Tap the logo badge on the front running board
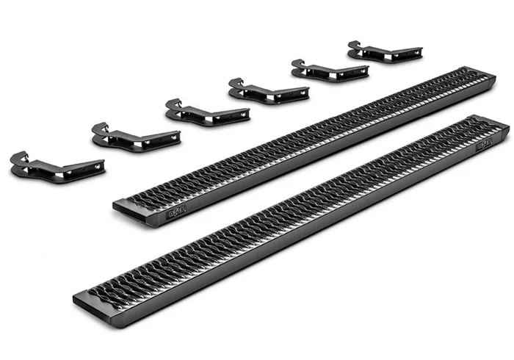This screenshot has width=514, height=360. [x=485, y=144]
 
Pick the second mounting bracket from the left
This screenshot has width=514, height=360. [x=135, y=136]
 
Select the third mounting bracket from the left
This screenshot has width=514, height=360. [x=206, y=111]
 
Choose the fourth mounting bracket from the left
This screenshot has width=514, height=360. [x=269, y=90]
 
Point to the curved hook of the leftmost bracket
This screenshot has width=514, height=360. [x=20, y=157]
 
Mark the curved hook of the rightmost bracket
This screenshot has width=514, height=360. [x=355, y=46]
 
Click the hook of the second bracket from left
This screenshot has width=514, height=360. [x=100, y=129]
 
